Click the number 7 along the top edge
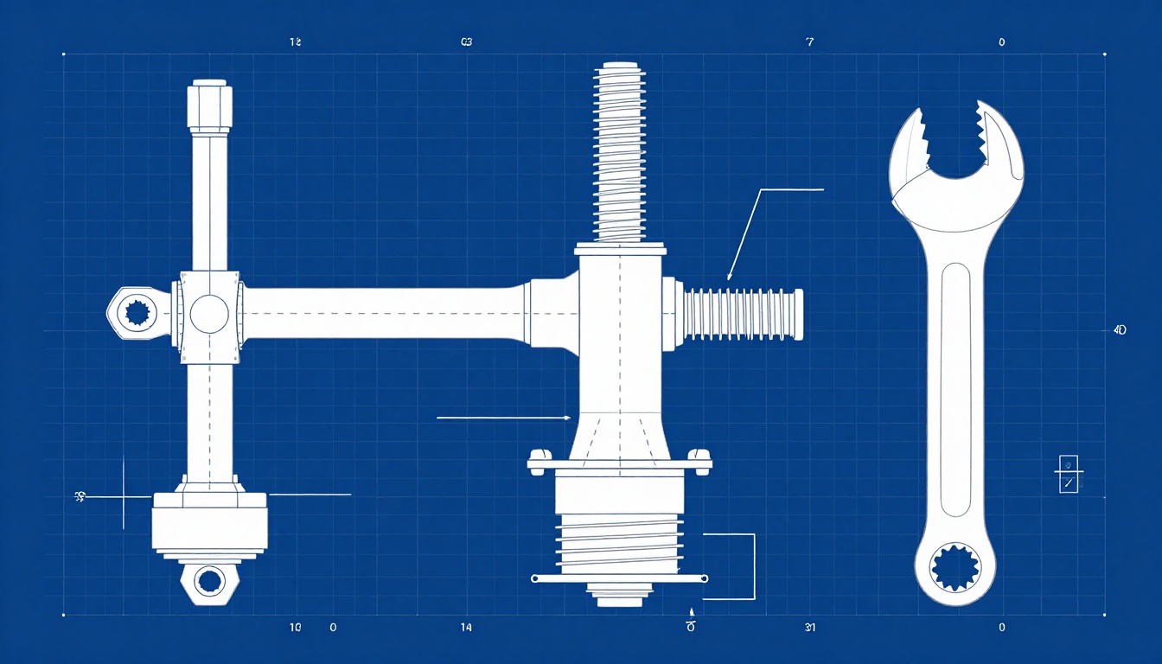point(809,41)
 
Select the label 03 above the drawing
point(467,41)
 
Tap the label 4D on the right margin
point(1120,330)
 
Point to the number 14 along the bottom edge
point(466,628)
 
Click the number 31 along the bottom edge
point(809,628)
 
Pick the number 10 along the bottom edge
point(295,628)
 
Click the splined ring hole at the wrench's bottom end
point(955,569)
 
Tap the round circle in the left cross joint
point(209,314)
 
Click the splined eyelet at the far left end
point(137,312)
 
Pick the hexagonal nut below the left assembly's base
point(208,580)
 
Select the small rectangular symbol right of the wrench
point(1069,474)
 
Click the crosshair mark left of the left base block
point(124,496)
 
